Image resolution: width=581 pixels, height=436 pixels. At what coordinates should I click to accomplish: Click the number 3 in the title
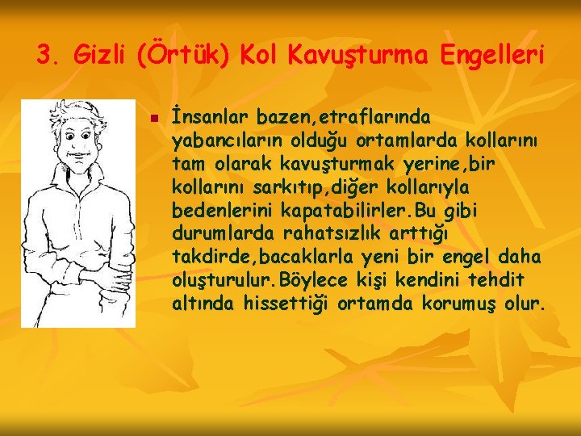(x=45, y=56)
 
